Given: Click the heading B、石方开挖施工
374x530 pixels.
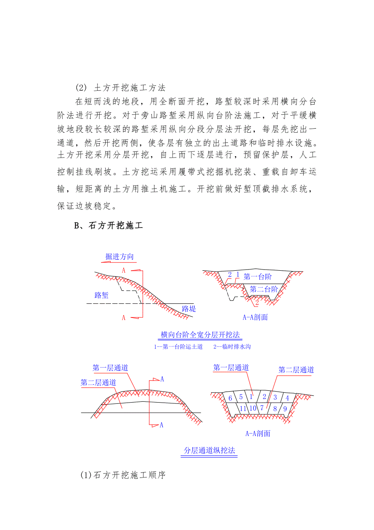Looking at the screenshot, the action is pyautogui.click(x=108, y=226).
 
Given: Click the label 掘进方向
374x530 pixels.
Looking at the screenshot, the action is pyautogui.click(x=119, y=257).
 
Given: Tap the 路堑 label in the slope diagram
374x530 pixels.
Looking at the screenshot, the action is pyautogui.click(x=102, y=295).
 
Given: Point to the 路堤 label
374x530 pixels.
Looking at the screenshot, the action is pyautogui.click(x=189, y=309).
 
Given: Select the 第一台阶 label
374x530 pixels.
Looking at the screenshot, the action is pyautogui.click(x=258, y=277).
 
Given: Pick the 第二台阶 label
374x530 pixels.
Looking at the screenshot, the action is pyautogui.click(x=264, y=289).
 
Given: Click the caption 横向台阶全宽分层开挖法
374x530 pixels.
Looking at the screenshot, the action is pyautogui.click(x=200, y=335).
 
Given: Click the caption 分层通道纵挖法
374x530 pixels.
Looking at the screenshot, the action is pyautogui.click(x=209, y=451).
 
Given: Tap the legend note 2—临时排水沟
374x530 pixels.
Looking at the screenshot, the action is pyautogui.click(x=231, y=347).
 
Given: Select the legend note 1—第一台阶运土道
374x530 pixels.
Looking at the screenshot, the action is pyautogui.click(x=178, y=347).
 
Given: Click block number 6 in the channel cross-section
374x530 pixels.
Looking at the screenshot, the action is pyautogui.click(x=230, y=398).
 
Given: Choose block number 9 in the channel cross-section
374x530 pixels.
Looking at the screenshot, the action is pyautogui.click(x=285, y=408).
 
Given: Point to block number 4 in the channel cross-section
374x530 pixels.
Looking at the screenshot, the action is pyautogui.click(x=287, y=398).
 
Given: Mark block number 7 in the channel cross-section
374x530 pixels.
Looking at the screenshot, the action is pyautogui.click(x=262, y=408).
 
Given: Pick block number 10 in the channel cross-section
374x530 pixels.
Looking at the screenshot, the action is pyautogui.click(x=252, y=408).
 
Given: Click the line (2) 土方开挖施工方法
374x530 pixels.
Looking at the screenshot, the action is pyautogui.click(x=120, y=88).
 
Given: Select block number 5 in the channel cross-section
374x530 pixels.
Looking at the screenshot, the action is pyautogui.click(x=241, y=397).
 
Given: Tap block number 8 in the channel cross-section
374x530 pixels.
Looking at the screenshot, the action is pyautogui.click(x=275, y=408).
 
